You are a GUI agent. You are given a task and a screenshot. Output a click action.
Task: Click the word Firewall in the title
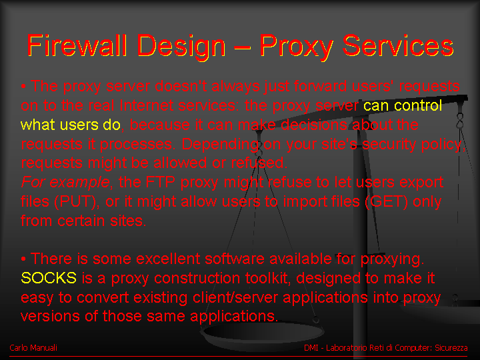click(77, 45)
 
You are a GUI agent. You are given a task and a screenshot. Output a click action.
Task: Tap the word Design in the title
click(181, 47)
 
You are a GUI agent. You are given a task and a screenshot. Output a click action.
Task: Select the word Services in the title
click(398, 45)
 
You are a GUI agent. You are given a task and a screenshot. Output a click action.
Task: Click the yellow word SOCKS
click(49, 278)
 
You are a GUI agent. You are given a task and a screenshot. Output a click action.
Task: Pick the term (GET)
click(387, 202)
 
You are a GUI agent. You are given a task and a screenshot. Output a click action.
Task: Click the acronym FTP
click(161, 182)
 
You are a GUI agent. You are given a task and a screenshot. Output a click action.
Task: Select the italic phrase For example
click(65, 182)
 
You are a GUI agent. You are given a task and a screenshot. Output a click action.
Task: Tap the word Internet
click(146, 105)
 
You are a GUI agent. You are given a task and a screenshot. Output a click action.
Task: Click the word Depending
click(220, 145)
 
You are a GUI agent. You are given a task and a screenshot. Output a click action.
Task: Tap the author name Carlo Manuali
click(33, 348)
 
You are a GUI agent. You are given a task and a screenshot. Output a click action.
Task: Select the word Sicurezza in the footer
click(451, 348)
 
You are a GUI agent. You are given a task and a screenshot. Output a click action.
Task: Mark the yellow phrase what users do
click(71, 125)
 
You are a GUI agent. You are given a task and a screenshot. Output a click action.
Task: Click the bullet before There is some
click(23, 259)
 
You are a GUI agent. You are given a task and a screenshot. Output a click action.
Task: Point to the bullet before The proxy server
click(23, 87)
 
